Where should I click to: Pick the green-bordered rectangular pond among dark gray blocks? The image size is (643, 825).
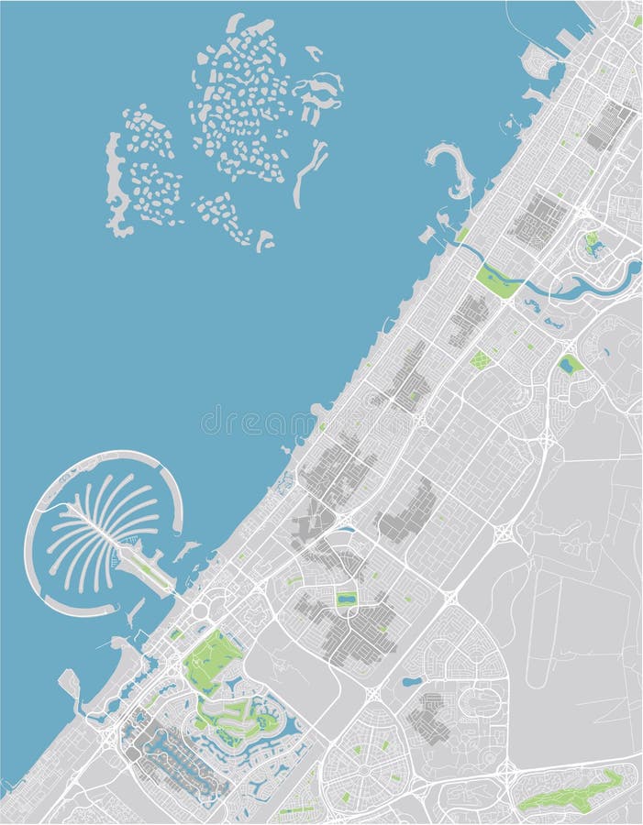(346, 600)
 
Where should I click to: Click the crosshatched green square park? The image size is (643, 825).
(480, 360)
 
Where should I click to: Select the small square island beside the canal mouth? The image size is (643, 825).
(427, 235)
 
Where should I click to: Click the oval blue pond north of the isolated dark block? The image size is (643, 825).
(412, 682)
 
